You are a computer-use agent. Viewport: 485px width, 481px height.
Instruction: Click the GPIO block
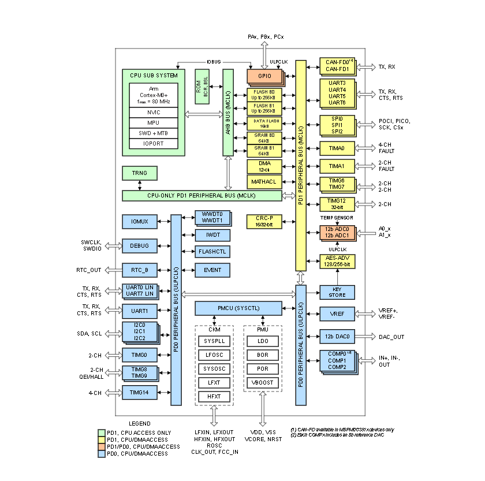click(x=264, y=76)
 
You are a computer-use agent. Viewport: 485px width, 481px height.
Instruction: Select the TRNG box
click(x=139, y=173)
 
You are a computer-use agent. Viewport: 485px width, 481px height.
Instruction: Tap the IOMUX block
click(x=139, y=221)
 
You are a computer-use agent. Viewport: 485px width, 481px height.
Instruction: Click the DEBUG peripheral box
click(x=139, y=246)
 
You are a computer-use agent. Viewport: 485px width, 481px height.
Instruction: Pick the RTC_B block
click(x=139, y=270)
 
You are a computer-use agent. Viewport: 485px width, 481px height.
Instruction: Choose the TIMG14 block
click(x=139, y=393)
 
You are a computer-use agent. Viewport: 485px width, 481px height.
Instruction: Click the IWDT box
click(x=213, y=235)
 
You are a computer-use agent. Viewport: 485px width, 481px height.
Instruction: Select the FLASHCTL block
click(x=213, y=252)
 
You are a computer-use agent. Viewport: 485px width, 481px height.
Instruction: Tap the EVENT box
click(x=213, y=270)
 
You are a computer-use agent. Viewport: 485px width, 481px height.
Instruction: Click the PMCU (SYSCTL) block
click(x=238, y=308)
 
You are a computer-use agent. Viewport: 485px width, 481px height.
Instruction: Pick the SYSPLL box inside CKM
click(x=214, y=341)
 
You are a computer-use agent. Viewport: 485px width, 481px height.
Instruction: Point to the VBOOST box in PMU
click(x=263, y=383)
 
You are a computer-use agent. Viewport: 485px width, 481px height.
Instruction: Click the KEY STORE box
click(x=337, y=292)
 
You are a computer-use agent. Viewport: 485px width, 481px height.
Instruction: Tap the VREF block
click(x=337, y=314)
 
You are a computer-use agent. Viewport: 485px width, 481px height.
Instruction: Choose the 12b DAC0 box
click(x=337, y=336)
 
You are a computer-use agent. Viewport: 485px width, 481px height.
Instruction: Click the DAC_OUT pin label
click(x=391, y=337)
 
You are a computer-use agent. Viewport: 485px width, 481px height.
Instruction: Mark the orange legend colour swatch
click(x=102, y=446)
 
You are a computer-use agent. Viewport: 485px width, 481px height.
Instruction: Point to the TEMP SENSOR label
click(x=337, y=217)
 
